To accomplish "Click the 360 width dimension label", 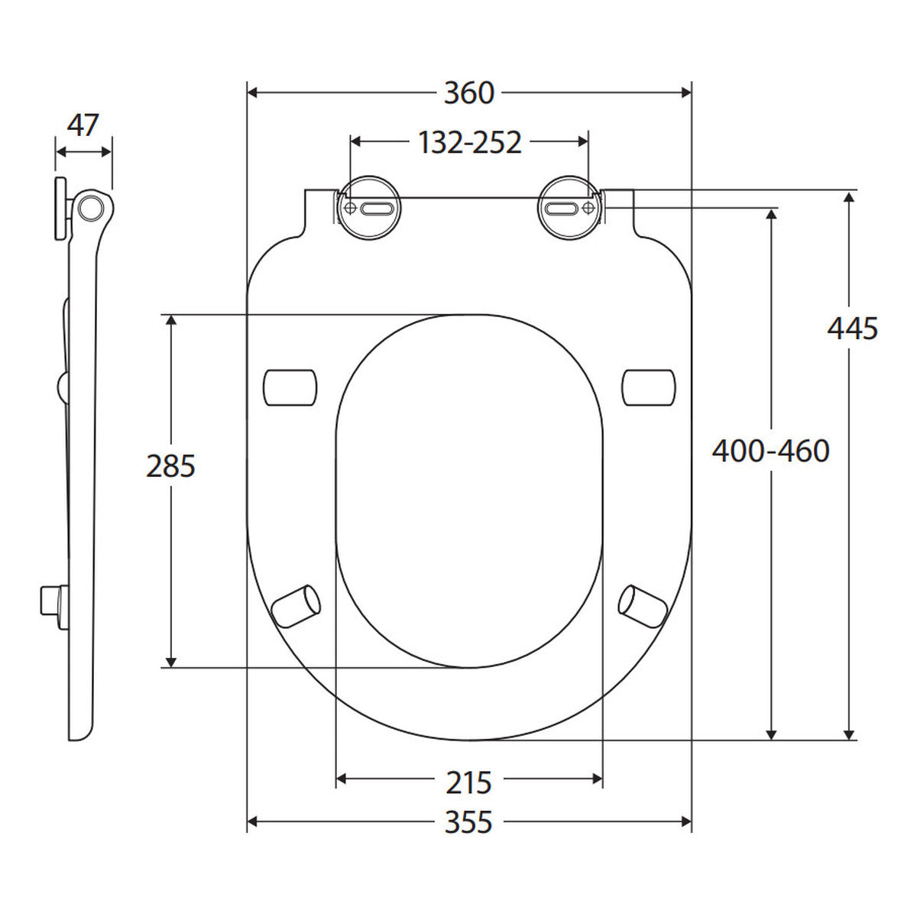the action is point(468,93).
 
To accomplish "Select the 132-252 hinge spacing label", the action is point(469,142).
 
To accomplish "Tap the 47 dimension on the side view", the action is point(83,125).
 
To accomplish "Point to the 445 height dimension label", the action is point(852,329).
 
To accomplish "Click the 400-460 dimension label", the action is point(770,451).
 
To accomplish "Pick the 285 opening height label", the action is point(170,466).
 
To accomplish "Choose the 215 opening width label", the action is point(468,783).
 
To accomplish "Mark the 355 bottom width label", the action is point(468,822).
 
